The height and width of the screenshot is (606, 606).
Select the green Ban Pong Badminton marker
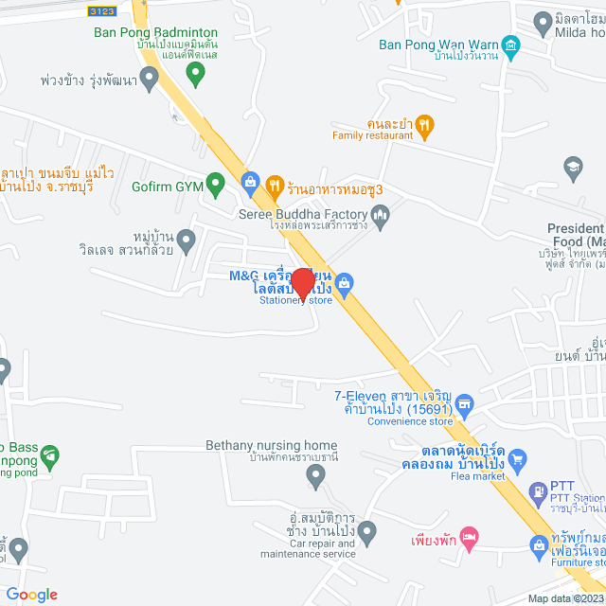(x=194, y=71)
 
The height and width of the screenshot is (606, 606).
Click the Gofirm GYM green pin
(x=215, y=182)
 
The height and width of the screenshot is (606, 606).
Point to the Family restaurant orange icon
(x=425, y=123)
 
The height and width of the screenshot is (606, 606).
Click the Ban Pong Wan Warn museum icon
(x=511, y=45)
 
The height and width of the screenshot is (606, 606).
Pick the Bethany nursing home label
(x=271, y=445)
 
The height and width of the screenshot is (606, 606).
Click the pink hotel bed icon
(x=466, y=537)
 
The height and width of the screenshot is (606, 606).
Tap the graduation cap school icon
(x=572, y=169)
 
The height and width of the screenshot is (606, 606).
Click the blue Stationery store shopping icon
(x=345, y=282)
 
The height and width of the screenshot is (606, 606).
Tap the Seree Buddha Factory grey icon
(x=381, y=219)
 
